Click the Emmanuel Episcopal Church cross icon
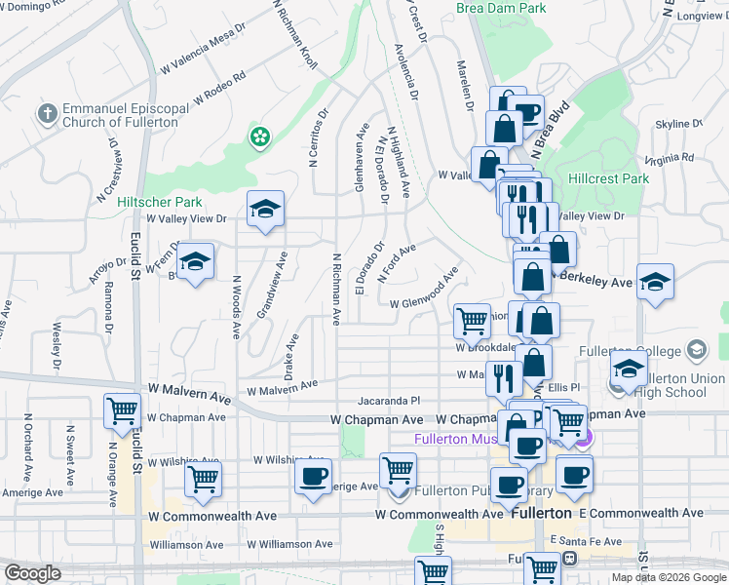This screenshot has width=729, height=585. (x=46, y=114)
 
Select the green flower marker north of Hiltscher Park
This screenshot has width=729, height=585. (x=259, y=136)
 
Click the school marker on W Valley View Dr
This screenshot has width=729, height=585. (x=265, y=210)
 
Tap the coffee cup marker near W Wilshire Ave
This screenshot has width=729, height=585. (x=313, y=477)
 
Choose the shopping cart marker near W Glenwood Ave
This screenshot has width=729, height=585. (x=472, y=320)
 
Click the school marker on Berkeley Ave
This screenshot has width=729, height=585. (x=656, y=283)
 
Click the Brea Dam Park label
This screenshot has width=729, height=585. (x=501, y=8)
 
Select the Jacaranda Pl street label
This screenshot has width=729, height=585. (x=388, y=400)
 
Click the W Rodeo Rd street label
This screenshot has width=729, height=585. (x=219, y=88)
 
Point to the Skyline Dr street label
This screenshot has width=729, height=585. (x=678, y=125)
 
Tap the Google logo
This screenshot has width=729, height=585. (x=32, y=573)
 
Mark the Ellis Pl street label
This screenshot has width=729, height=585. (x=564, y=388)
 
